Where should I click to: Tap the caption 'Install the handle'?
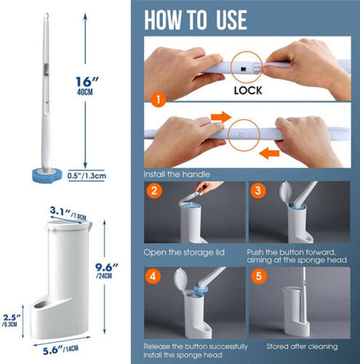(x=176, y=174)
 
